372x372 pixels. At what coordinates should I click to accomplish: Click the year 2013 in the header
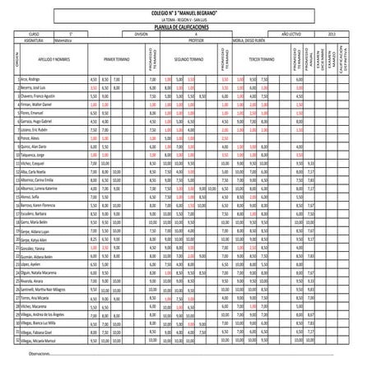(x=331, y=33)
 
